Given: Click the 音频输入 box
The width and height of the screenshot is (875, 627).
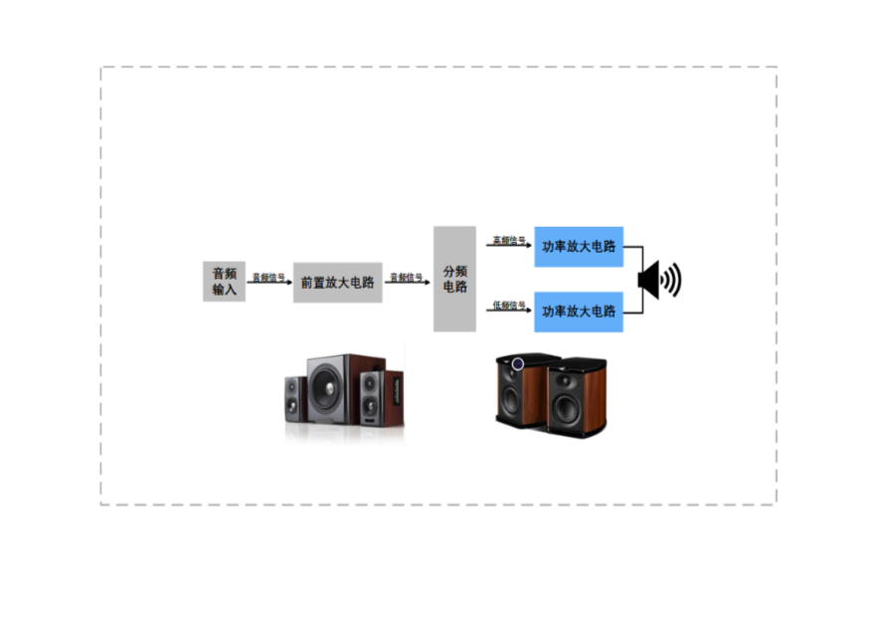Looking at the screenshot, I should (224, 282).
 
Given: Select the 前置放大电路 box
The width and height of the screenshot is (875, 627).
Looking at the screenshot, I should (337, 282).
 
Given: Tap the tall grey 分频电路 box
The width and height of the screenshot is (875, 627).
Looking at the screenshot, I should (454, 279).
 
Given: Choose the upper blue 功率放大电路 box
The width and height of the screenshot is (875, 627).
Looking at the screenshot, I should (578, 247).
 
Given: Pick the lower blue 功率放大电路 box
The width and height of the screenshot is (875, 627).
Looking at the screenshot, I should (578, 312).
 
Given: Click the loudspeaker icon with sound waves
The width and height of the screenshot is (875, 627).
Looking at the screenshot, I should (659, 280).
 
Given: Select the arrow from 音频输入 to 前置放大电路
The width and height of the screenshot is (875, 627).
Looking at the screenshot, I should (268, 279).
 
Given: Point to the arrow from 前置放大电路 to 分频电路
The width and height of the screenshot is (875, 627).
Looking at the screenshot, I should (408, 279).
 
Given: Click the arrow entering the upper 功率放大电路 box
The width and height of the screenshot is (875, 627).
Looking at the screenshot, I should (508, 242).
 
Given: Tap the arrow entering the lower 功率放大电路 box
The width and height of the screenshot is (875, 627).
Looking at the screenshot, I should (508, 307).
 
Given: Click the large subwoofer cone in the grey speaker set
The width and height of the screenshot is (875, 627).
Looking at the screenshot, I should (326, 383).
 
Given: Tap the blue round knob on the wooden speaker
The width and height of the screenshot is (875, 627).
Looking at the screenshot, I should (517, 364).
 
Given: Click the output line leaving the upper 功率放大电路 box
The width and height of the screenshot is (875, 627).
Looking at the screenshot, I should (633, 247).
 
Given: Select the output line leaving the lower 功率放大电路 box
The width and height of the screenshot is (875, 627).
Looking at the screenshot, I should (633, 313).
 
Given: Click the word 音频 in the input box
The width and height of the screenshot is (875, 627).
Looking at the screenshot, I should (224, 273).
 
